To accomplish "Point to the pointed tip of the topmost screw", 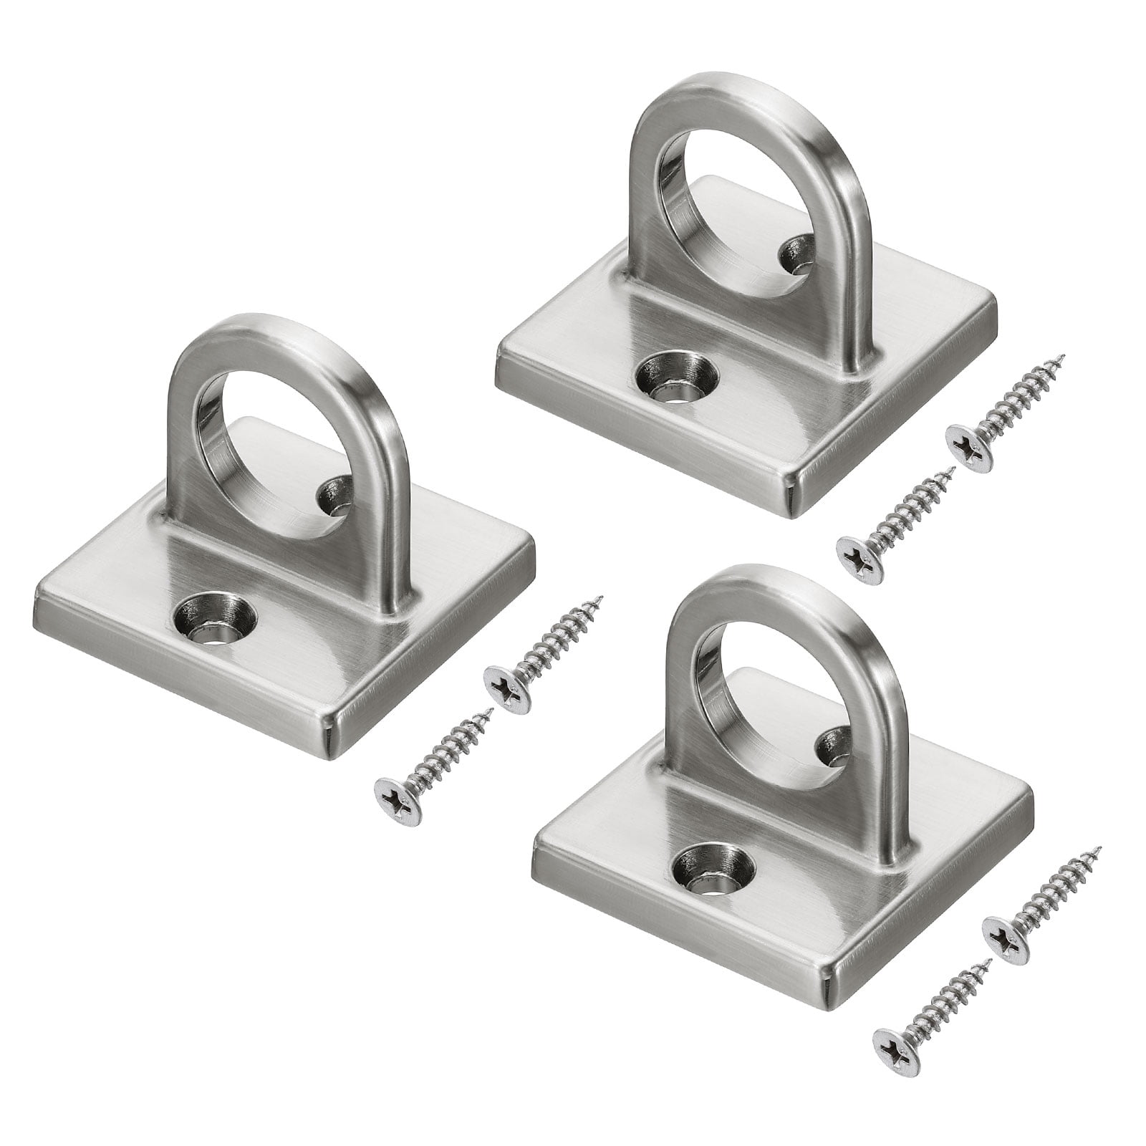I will [1064, 356].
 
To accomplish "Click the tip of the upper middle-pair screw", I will [602, 598].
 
